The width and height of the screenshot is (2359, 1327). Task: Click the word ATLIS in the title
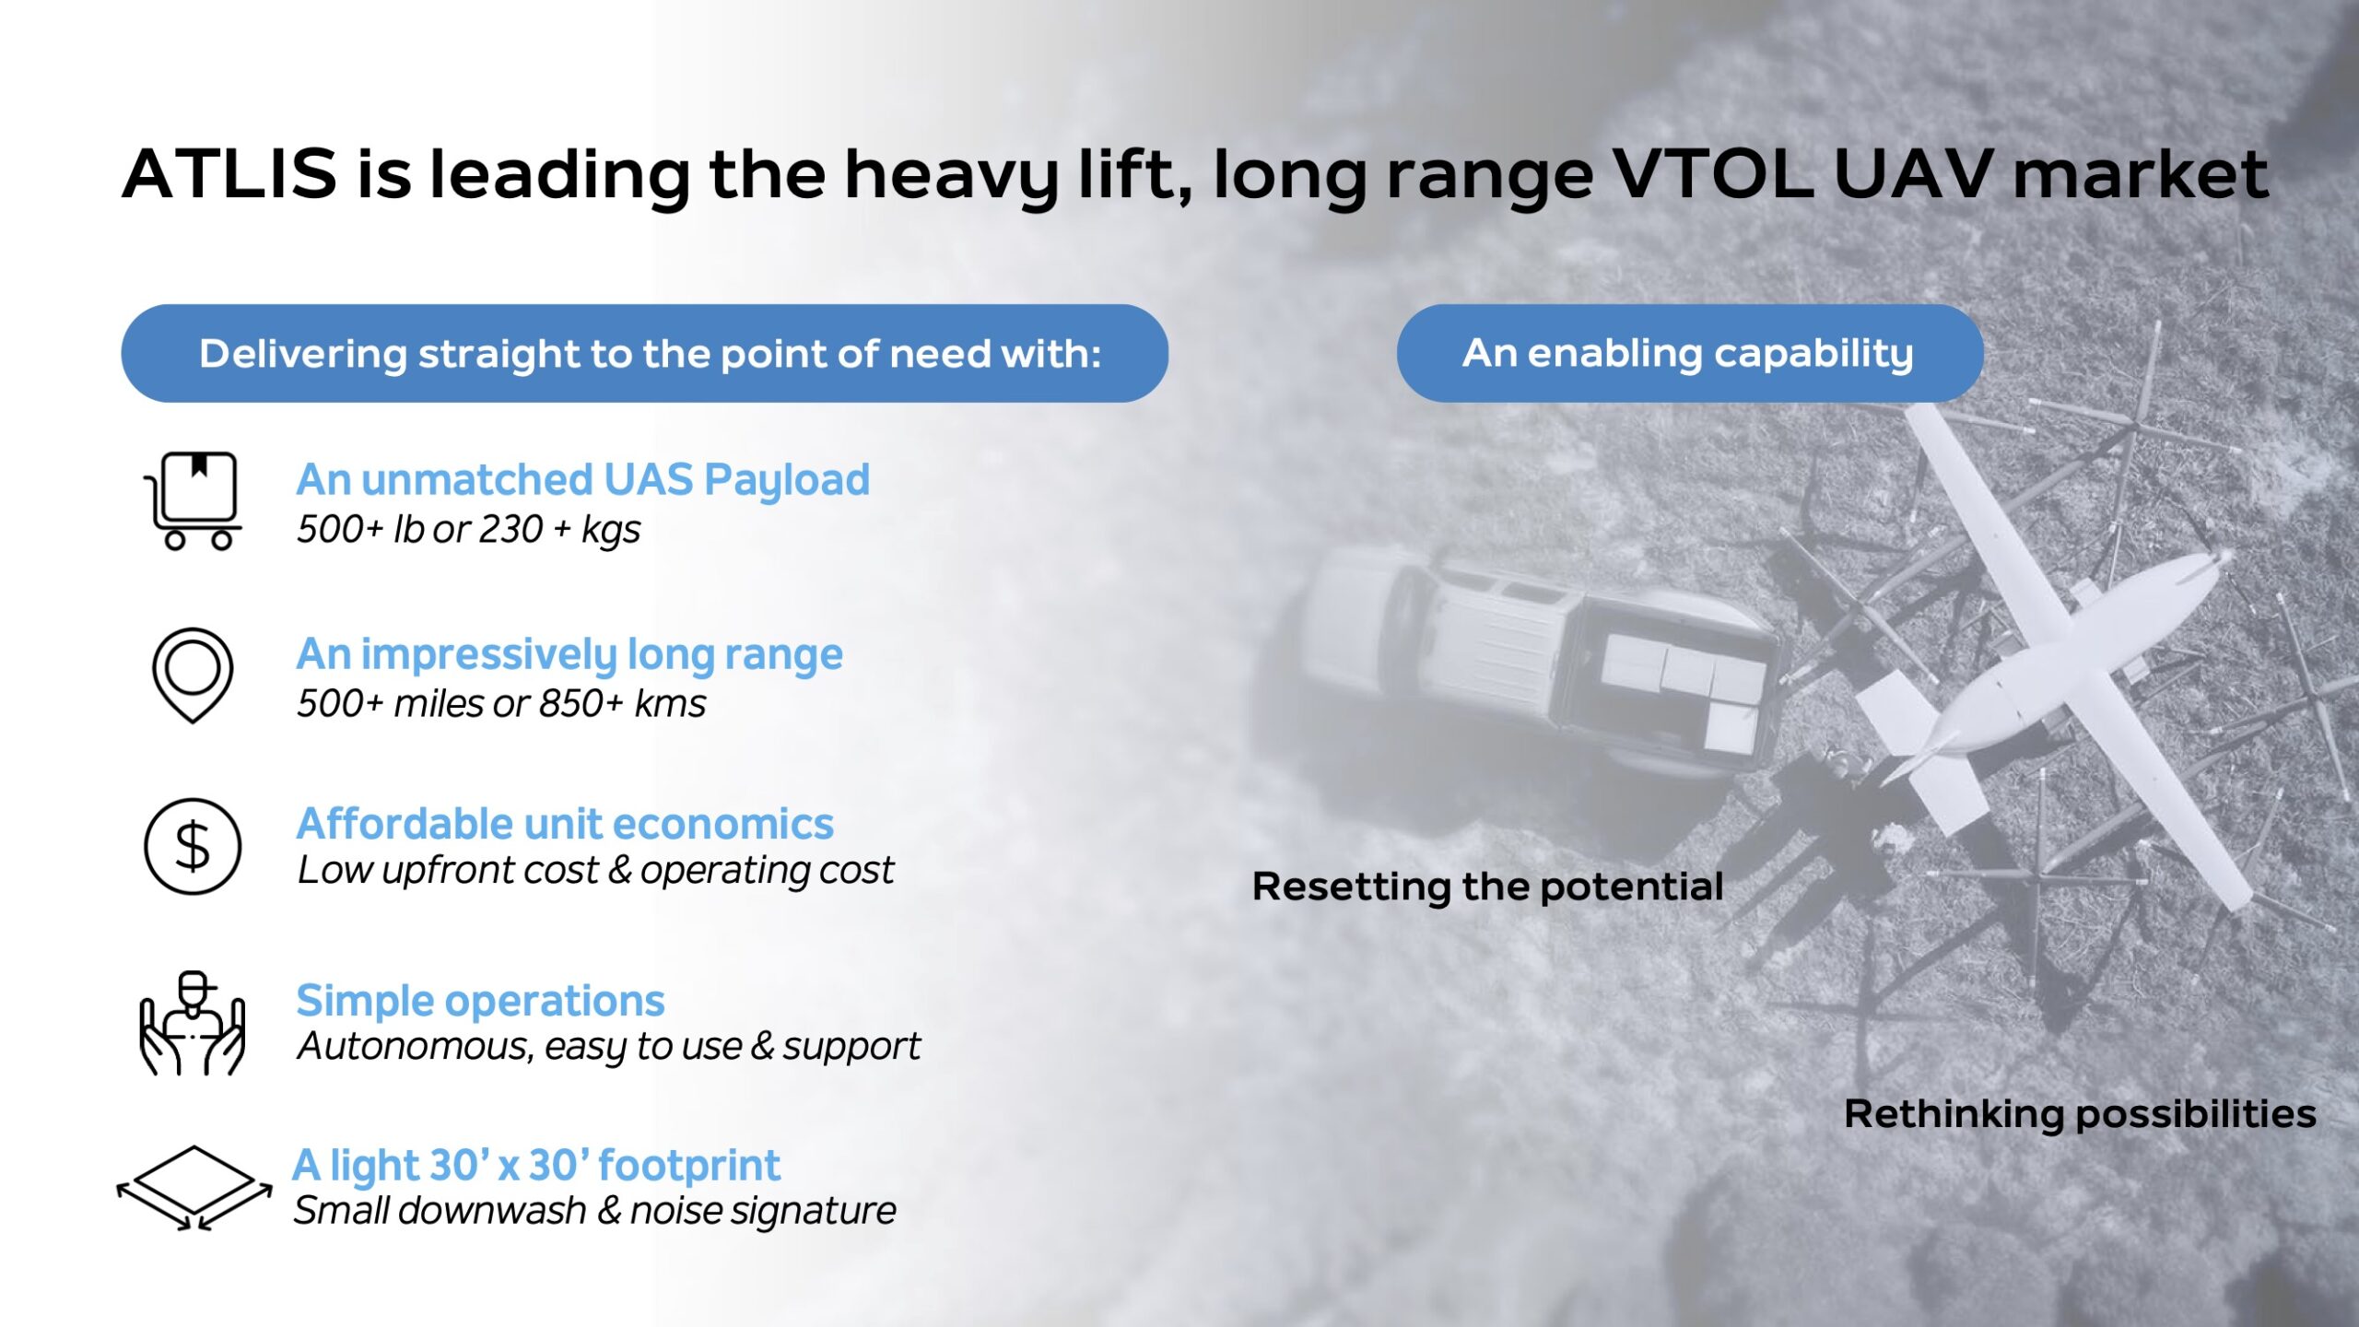pos(229,173)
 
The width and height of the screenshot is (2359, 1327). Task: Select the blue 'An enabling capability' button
pos(1689,353)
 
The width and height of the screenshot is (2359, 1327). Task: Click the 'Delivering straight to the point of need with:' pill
pos(645,353)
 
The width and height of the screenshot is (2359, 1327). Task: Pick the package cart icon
pos(193,500)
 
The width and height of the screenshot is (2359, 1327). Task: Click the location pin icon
pos(193,675)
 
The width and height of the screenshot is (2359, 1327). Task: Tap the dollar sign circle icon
pos(193,846)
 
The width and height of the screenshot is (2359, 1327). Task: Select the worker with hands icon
pos(193,1023)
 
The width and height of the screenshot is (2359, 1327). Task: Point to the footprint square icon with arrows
pos(194,1188)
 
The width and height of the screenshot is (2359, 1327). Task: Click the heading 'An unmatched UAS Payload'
pos(583,479)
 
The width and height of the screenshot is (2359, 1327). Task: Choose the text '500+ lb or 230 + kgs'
pos(468,530)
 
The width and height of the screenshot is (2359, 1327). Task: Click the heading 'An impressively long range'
pos(569,654)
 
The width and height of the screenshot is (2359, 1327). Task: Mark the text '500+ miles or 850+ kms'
pos(501,704)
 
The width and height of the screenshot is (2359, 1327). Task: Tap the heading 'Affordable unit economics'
pos(565,824)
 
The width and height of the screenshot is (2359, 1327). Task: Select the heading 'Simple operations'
pos(480,1001)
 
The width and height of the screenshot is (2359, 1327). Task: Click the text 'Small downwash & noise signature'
pos(594,1211)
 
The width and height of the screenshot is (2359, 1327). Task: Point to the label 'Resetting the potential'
pos(1487,887)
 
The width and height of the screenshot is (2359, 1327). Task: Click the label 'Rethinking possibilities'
pos(2080,1114)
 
